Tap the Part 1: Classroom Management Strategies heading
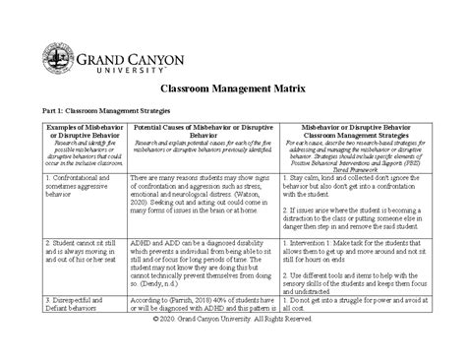(116, 117)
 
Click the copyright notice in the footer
(232, 350)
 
